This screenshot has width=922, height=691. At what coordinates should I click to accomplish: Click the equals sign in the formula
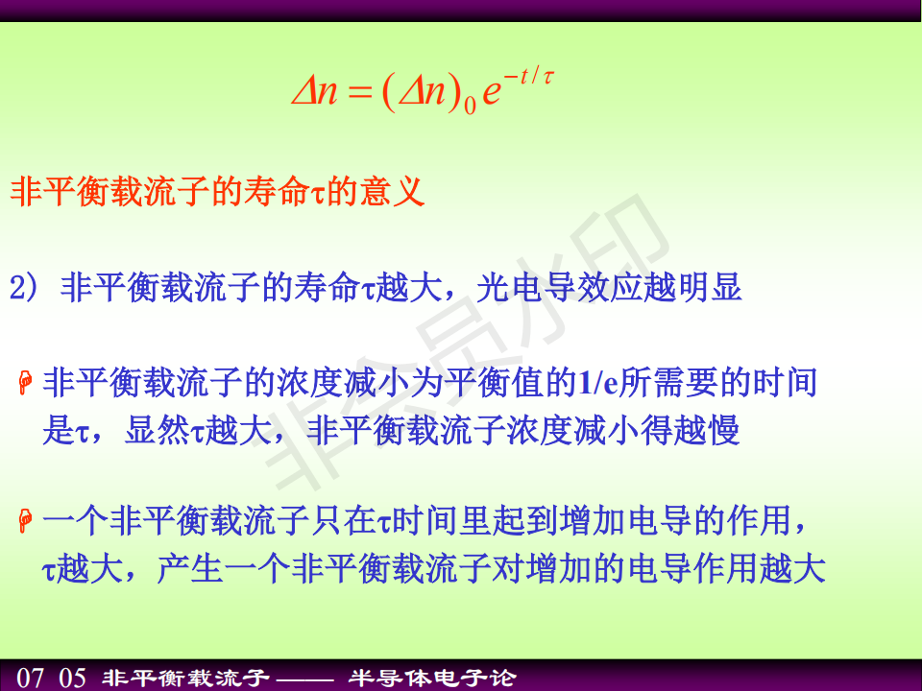tap(360, 93)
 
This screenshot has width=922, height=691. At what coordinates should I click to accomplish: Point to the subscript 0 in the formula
tap(470, 106)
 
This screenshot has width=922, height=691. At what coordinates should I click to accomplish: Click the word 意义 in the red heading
tap(393, 191)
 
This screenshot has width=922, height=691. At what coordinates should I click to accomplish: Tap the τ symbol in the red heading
tap(318, 194)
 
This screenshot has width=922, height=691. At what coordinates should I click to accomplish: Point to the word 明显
tap(709, 288)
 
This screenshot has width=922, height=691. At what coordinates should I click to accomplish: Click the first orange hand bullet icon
tap(25, 383)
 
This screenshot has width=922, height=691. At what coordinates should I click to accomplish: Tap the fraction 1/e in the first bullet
tap(598, 383)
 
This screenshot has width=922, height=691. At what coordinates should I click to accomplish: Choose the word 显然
tap(158, 431)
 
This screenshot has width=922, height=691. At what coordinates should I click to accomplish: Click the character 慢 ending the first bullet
tap(723, 431)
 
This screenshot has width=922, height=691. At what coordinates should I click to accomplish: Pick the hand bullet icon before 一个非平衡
tap(25, 521)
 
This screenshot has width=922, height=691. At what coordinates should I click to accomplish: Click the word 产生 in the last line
tap(190, 569)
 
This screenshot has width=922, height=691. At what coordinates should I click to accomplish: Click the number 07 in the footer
tap(30, 678)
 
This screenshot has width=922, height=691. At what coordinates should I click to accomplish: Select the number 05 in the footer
tap(72, 678)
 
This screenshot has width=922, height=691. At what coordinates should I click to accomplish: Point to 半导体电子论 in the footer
tap(433, 679)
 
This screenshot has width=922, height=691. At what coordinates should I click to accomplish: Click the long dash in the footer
tap(305, 679)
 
